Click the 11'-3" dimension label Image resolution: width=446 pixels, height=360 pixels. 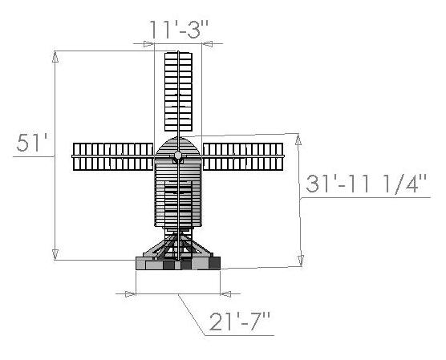pyautogui.click(x=178, y=30)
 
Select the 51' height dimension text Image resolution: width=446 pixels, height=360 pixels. pyautogui.click(x=31, y=143)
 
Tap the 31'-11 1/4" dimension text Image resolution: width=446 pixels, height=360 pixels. pyautogui.click(x=367, y=184)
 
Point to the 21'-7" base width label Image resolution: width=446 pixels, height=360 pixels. pyautogui.click(x=240, y=322)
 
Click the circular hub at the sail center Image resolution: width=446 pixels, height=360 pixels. pyautogui.click(x=178, y=156)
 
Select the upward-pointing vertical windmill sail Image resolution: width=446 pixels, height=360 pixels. pyautogui.click(x=178, y=91)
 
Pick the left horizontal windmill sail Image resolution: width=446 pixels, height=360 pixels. pyautogui.click(x=113, y=156)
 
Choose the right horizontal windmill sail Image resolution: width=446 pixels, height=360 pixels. pyautogui.click(x=243, y=156)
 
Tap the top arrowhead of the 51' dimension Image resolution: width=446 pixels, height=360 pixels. pyautogui.click(x=55, y=57)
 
